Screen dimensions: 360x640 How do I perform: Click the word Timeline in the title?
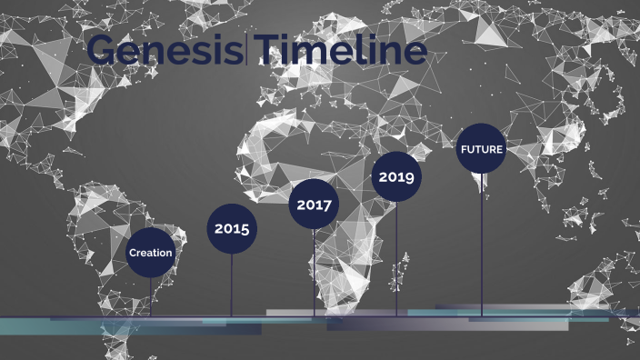341,51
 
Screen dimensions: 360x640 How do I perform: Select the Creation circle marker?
150,252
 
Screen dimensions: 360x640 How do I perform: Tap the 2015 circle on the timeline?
232,228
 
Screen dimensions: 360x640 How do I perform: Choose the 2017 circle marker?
315,205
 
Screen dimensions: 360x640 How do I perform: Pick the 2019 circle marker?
396,176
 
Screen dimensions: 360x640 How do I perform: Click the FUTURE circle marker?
481,149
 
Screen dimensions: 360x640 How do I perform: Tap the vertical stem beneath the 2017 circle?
315,272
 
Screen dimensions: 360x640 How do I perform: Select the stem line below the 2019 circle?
396,258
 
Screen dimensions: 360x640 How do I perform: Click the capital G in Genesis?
104,51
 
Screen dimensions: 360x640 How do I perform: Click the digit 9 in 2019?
409,177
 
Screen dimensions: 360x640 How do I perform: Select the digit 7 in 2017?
327,205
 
